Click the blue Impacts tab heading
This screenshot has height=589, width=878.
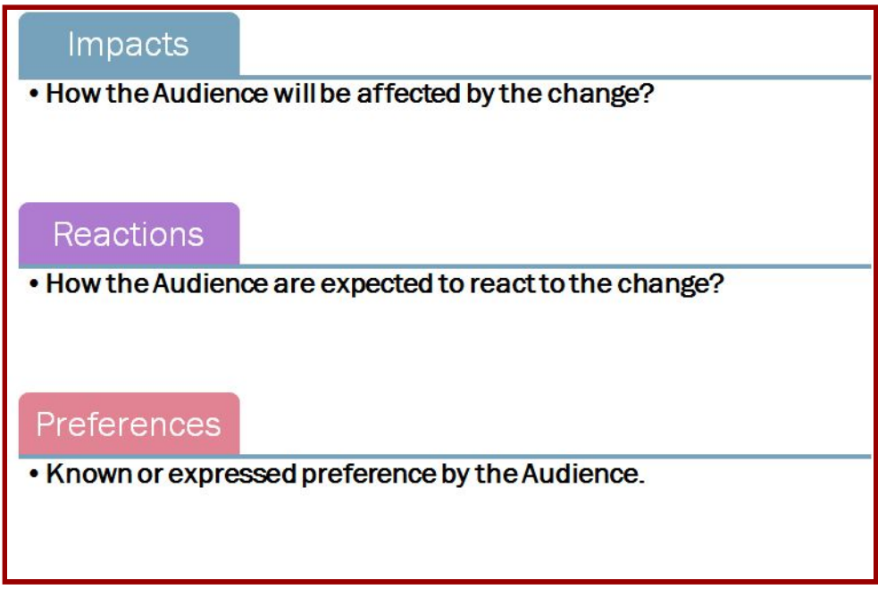[x=130, y=45]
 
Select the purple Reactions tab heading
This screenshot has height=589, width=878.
[x=130, y=233]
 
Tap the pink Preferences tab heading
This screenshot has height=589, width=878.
[x=130, y=425]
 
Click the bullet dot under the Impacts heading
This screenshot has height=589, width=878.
[x=34, y=94]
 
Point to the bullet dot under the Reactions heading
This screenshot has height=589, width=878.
[x=34, y=284]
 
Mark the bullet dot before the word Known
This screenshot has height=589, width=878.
[x=34, y=474]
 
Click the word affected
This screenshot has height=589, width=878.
[x=409, y=94]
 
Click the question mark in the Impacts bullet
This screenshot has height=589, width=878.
[x=647, y=93]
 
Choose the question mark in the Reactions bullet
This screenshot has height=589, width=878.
[x=716, y=283]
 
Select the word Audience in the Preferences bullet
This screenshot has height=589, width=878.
[x=580, y=474]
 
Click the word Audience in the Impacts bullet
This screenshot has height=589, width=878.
[x=210, y=93]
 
